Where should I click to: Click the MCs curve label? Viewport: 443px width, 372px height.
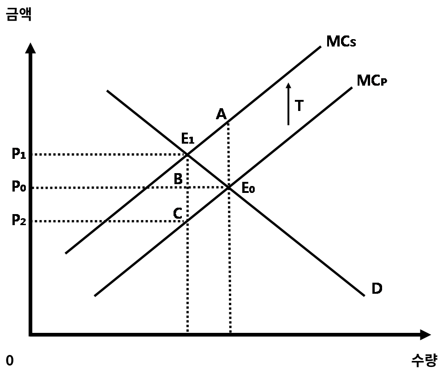click(341, 41)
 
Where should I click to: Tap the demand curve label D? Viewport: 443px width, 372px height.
click(377, 288)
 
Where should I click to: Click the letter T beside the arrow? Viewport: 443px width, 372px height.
click(299, 106)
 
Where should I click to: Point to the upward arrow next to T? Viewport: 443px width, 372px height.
click(288, 104)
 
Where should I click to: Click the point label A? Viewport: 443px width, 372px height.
click(221, 114)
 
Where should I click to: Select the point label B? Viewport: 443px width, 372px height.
click(178, 179)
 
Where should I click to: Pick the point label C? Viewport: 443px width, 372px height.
click(178, 213)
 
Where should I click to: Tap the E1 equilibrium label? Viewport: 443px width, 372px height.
click(188, 139)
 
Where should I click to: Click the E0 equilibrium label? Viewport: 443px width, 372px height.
click(248, 188)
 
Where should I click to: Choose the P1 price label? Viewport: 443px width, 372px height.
click(19, 154)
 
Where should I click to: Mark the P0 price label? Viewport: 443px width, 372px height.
click(19, 186)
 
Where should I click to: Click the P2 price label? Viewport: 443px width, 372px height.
click(19, 220)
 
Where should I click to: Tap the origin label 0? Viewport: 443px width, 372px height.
click(10, 360)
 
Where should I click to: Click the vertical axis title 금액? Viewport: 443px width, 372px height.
click(18, 14)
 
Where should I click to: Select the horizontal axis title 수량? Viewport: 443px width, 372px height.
click(424, 360)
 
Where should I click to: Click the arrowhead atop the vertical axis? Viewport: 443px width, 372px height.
click(30, 48)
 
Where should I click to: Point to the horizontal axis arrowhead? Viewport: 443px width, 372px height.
click(425, 335)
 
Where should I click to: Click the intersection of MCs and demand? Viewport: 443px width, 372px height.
click(187, 154)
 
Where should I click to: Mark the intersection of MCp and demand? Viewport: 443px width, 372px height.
click(229, 187)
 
